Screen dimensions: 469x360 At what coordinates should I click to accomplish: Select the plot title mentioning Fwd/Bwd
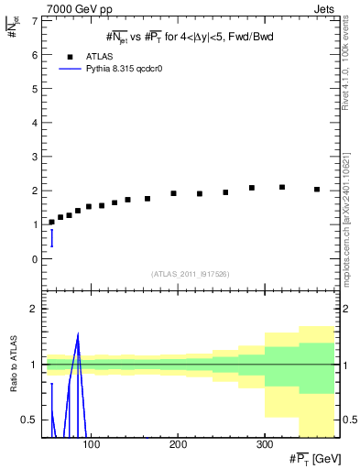point(190,36)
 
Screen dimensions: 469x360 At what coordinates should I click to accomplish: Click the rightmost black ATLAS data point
point(317,190)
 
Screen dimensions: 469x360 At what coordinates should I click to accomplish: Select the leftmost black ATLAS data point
point(51,223)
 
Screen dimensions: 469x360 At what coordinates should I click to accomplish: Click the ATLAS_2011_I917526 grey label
point(189,274)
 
